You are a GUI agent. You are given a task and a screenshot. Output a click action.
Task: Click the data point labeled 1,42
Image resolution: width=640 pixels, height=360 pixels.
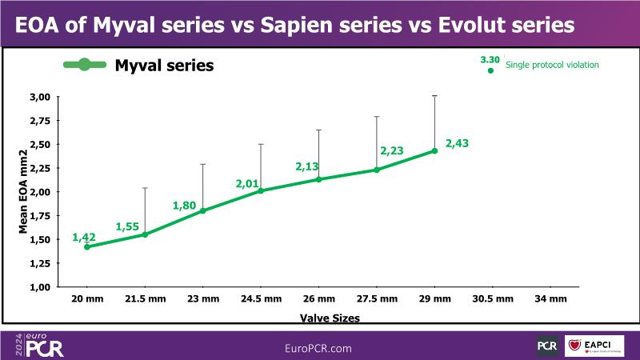click(x=86, y=247)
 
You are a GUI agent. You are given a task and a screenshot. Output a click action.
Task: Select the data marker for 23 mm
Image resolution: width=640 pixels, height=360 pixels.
click(x=202, y=211)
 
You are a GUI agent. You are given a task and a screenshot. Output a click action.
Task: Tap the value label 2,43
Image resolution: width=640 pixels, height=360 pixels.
click(x=457, y=143)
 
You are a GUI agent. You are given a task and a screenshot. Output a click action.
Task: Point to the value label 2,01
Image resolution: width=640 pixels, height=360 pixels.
click(x=249, y=184)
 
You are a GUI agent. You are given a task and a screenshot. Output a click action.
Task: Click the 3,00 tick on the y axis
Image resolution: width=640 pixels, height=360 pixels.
click(x=40, y=97)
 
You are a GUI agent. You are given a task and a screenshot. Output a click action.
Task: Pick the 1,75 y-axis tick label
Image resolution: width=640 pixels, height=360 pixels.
click(x=40, y=216)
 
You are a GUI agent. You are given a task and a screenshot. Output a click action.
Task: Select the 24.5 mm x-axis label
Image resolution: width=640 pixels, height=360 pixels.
click(x=261, y=298)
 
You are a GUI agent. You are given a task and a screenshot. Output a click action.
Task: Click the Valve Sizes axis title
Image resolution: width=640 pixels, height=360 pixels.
click(x=330, y=318)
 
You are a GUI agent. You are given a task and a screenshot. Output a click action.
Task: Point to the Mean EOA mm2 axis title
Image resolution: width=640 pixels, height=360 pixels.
click(x=24, y=191)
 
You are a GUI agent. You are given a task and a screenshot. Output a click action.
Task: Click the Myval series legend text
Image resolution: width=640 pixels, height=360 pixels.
click(x=164, y=66)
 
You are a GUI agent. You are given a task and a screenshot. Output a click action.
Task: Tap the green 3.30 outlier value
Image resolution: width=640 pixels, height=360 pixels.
click(x=490, y=59)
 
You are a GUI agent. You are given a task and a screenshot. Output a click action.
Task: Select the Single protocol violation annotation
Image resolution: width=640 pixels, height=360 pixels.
click(x=552, y=65)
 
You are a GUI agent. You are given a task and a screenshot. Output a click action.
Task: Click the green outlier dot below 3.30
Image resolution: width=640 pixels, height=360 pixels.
click(x=491, y=70)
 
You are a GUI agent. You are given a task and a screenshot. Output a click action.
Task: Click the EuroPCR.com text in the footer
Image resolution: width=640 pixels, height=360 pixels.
click(x=318, y=348)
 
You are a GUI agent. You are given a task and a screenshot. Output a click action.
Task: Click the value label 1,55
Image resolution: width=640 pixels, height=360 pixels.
click(x=129, y=227)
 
